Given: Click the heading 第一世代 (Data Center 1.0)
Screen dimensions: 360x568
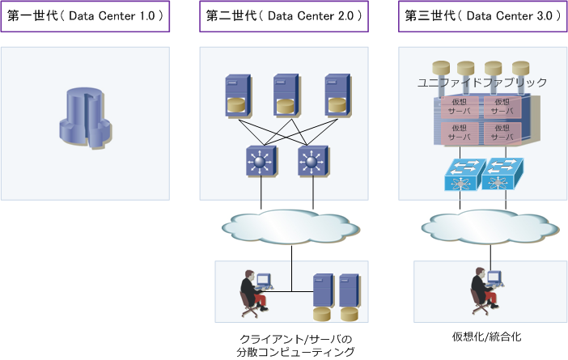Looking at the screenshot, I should tap(85, 15).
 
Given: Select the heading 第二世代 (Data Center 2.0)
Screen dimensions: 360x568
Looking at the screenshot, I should tap(284, 15).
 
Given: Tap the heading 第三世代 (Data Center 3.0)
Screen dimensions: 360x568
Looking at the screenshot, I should tap(482, 15).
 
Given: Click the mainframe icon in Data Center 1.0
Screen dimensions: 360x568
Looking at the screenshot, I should tap(84, 122).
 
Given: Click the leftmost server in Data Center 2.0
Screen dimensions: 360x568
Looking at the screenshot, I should tap(235, 94).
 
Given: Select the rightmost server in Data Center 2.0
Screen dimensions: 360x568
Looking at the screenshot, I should tap(335, 94).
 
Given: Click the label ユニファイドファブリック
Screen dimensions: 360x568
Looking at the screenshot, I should tap(482, 83).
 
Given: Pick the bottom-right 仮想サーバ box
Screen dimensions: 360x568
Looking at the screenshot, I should tap(501, 132).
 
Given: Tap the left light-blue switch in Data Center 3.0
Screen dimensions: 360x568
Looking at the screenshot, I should tap(461, 176).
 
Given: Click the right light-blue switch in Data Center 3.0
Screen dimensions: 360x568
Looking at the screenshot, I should tap(503, 176).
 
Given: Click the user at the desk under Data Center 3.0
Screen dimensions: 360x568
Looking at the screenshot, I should tap(486, 290).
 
